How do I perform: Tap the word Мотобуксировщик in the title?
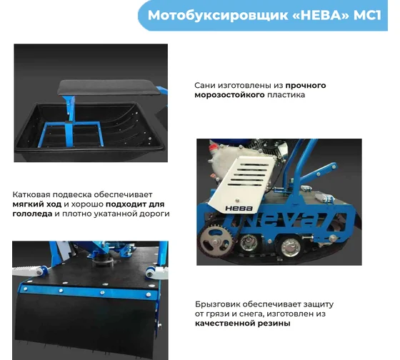[218, 16]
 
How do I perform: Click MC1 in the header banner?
[367, 15]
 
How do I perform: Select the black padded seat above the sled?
[109, 87]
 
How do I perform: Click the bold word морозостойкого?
[229, 95]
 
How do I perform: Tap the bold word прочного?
[306, 86]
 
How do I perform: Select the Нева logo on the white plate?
[239, 209]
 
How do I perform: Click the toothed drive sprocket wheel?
[216, 241]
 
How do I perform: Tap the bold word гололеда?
[32, 214]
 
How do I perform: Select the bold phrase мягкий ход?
[37, 204]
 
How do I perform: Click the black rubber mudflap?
[86, 324]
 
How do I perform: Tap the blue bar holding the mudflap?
[89, 291]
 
